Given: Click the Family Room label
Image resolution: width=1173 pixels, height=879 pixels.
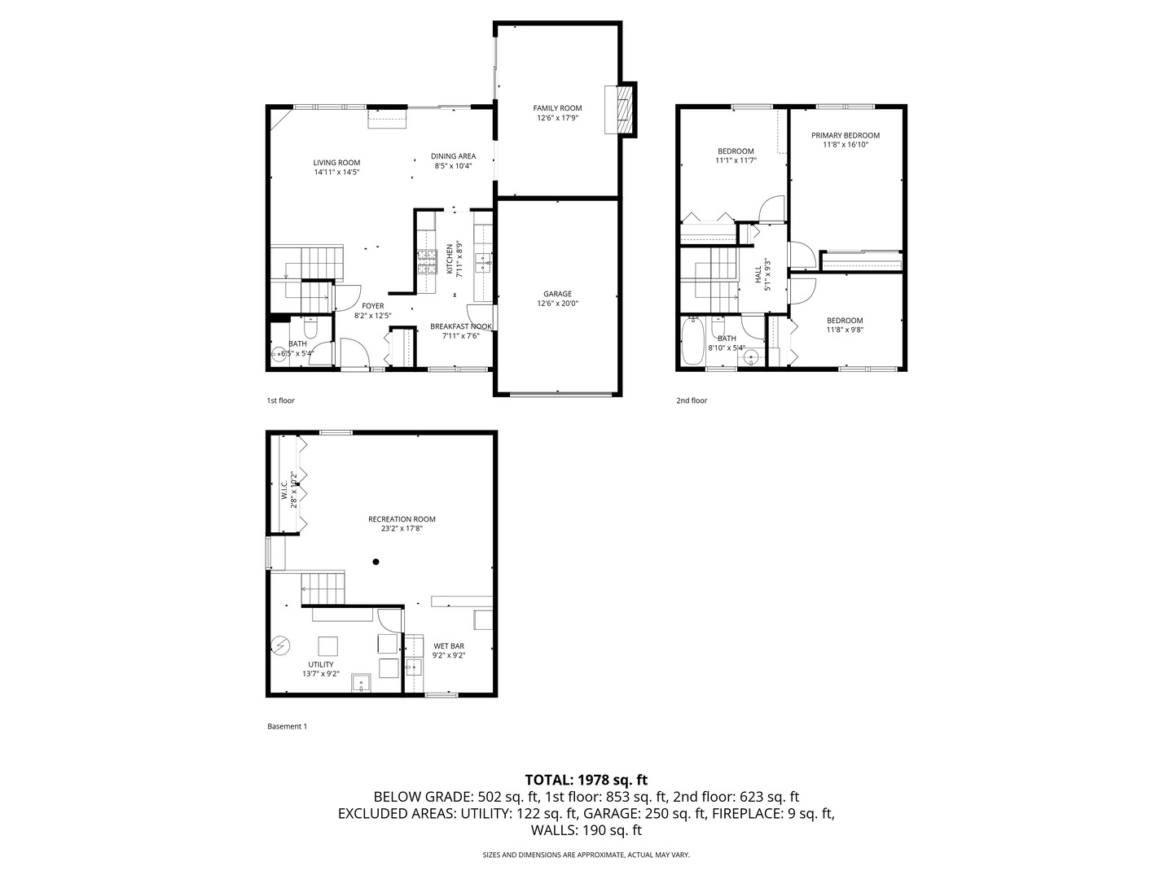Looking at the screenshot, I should coord(557,108).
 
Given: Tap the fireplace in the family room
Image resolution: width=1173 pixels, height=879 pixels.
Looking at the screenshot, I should coord(622,109).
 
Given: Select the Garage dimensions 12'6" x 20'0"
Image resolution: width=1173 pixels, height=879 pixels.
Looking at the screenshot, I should coord(557,304).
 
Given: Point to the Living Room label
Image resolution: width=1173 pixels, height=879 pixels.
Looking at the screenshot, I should coord(336,163).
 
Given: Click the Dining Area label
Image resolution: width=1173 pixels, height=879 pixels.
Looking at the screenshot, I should coord(453,156).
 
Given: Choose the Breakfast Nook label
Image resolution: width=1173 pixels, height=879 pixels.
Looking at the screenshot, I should coord(461,326).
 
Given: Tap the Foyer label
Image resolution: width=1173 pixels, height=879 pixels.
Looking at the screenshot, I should coord(373,306).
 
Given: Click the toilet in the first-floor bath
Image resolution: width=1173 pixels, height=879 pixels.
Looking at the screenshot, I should coord(310,329).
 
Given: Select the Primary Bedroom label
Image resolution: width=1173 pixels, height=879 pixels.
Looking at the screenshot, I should coord(845,135).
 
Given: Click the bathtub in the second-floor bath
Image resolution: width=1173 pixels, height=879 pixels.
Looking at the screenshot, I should coord(694,343).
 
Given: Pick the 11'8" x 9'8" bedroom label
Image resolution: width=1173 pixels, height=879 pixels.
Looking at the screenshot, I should coord(845,330).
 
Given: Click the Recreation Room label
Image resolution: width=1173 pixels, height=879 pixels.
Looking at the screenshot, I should coord(402,519).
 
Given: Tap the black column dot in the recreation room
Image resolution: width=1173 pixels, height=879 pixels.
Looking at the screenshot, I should coord(376,561).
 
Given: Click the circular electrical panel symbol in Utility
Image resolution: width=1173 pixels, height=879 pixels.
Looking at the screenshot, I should coord(280,645).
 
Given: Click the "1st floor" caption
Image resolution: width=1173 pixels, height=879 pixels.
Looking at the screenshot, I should coord(280,400).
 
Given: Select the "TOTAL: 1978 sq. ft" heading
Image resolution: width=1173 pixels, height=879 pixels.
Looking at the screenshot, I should coord(586,780).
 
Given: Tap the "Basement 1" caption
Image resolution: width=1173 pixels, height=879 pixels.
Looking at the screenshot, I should coord(287,726).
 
